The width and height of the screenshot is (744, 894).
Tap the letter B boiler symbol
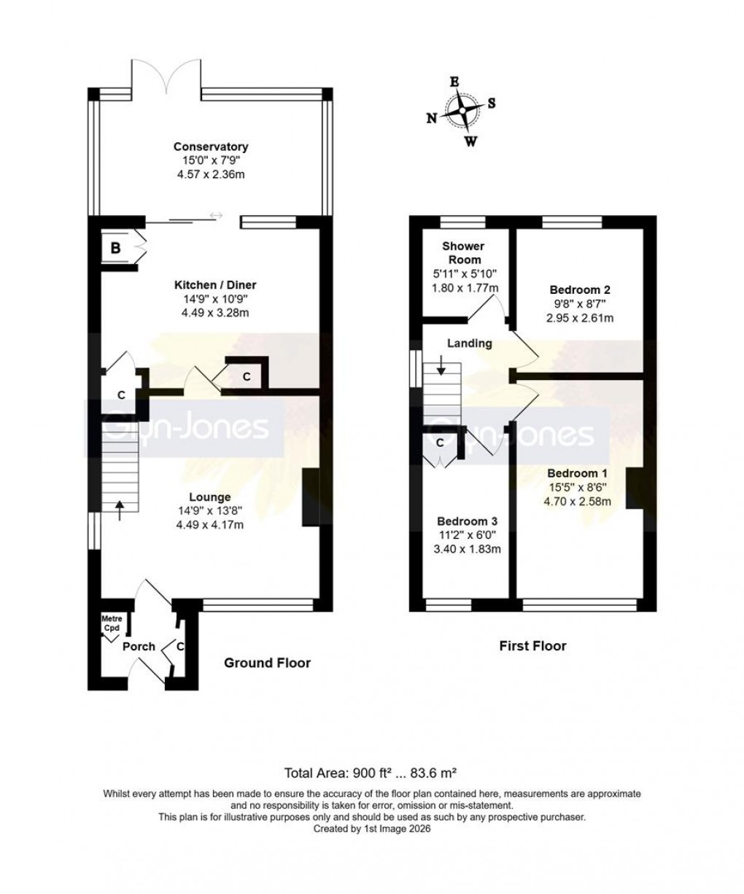(115, 249)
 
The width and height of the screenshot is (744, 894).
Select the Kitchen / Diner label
(214, 285)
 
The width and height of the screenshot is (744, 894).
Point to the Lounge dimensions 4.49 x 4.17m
(212, 524)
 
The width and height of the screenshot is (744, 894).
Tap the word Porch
(138, 646)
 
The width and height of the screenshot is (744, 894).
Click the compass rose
(462, 112)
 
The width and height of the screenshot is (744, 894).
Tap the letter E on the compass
(454, 82)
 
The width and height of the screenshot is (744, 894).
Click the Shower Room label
(463, 253)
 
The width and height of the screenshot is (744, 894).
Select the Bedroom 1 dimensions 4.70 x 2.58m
(581, 501)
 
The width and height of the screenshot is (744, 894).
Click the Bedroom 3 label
(467, 521)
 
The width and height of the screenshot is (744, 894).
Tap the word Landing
(469, 343)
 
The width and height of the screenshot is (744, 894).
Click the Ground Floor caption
(267, 663)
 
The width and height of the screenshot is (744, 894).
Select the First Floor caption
(532, 645)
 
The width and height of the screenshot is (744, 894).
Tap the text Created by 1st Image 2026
(372, 829)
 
